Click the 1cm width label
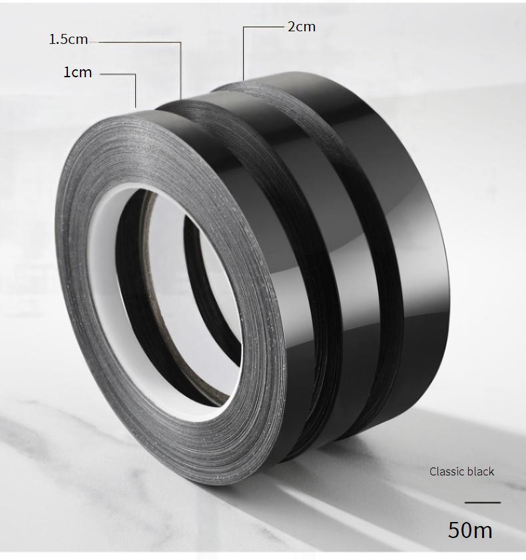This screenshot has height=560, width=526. (x=77, y=72)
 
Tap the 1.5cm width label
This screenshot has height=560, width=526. (x=68, y=39)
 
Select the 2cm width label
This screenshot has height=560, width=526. (x=302, y=27)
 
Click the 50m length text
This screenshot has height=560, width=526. (x=470, y=530)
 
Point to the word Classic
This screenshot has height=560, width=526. (x=445, y=471)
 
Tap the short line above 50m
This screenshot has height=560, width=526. (x=483, y=503)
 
